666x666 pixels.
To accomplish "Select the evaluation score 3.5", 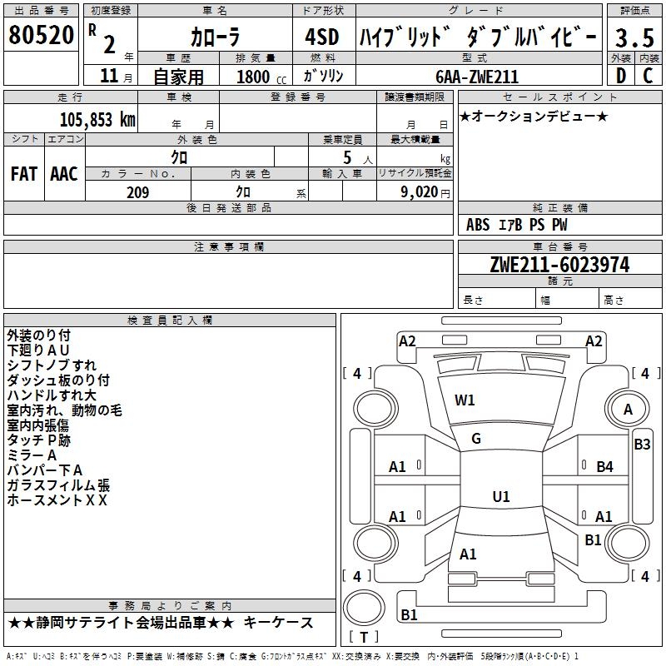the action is click(x=634, y=37).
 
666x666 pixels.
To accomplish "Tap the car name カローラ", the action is click(x=216, y=37).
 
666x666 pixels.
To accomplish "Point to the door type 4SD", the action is click(x=323, y=37).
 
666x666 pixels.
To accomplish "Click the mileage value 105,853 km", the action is click(x=97, y=120).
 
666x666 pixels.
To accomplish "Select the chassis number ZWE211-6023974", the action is click(x=559, y=265).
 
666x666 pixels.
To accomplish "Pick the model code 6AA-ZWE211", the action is click(x=477, y=77).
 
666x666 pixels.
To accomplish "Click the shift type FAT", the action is click(x=23, y=173).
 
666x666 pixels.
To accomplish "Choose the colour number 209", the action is click(x=137, y=192).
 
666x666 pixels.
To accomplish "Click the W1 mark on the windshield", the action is click(x=465, y=400).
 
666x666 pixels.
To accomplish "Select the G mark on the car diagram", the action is click(x=476, y=439).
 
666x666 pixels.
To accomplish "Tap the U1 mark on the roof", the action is click(x=500, y=497).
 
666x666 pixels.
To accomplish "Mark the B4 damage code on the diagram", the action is click(x=604, y=467).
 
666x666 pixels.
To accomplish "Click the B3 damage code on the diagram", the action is click(x=642, y=445).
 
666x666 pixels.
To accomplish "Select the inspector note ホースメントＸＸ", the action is click(x=57, y=500).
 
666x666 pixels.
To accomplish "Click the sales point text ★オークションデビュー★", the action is click(x=534, y=116).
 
